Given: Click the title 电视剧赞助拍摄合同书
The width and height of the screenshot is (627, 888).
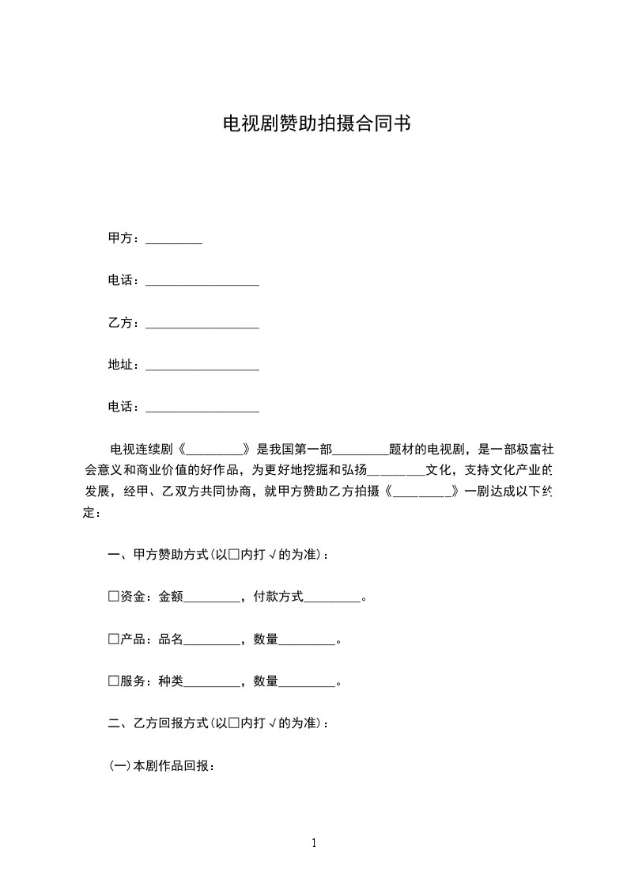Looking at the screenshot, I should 316,125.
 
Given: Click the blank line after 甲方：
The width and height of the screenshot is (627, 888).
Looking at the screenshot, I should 174,239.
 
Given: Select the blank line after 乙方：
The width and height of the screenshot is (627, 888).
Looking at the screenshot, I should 202,324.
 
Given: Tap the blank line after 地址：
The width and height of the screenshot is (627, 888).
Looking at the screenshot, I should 202,366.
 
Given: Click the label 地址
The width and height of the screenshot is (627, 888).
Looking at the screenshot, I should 120,365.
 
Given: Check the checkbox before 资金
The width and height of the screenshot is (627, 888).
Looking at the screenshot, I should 113,596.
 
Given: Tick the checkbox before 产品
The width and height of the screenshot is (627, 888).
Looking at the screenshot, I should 113,639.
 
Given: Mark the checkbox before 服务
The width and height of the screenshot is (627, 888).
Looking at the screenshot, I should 113,681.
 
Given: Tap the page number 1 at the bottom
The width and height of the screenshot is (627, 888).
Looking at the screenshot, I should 314,843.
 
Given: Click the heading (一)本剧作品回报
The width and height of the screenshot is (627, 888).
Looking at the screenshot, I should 161,766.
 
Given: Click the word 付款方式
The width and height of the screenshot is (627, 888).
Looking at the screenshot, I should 278,597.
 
